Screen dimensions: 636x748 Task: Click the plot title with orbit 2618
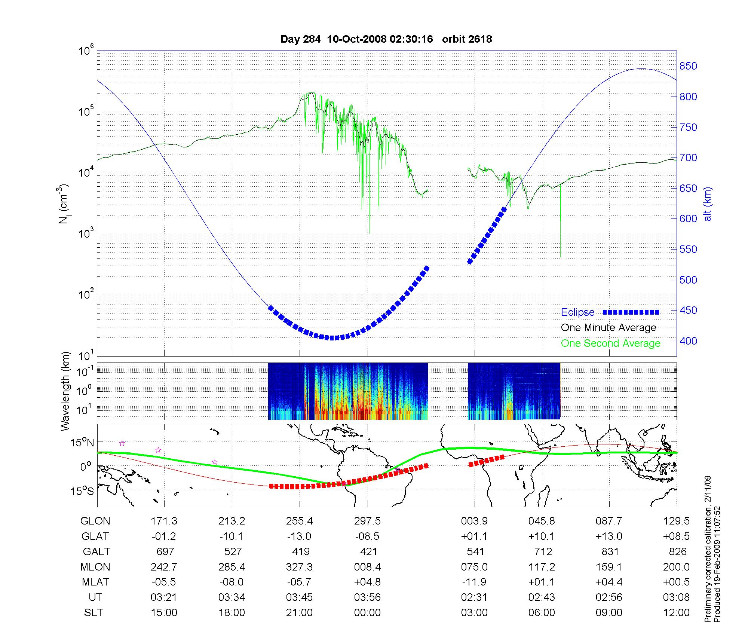386,39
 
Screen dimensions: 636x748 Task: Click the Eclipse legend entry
577,312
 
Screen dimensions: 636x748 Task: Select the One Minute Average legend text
608,328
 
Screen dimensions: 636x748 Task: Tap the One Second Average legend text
610,343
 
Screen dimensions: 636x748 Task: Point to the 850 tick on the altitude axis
688,66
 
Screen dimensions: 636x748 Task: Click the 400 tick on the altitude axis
688,341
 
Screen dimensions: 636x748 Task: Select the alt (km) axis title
708,204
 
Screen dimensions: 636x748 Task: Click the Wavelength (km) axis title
66,391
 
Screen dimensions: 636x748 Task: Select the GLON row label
95,521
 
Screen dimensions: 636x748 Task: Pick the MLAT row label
95,582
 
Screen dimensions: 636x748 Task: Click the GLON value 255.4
299,521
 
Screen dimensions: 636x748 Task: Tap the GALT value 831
609,551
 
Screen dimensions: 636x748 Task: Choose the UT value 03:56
367,597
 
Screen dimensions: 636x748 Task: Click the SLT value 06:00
542,613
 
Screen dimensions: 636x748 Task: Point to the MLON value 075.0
474,567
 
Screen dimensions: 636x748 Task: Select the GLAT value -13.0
299,536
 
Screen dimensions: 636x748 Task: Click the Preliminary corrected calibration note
708,550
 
